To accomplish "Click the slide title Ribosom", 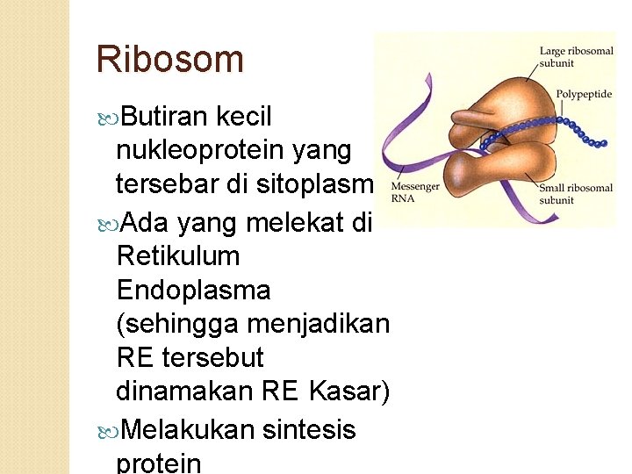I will (169, 60).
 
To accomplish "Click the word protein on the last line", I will (159, 463).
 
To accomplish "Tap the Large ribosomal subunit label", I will (576, 57).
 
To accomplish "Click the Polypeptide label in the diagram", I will (584, 94).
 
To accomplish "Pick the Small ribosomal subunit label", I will (576, 193).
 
